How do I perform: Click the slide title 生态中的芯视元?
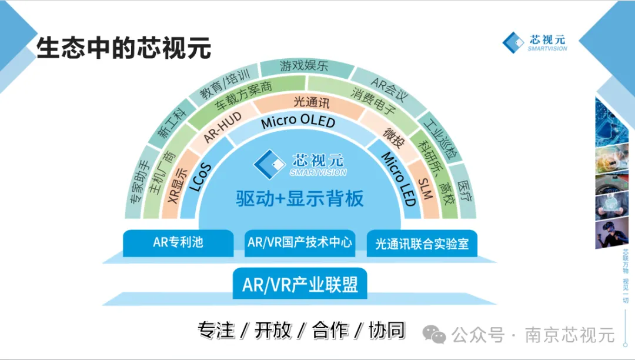[x=124, y=48]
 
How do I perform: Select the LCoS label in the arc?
[x=200, y=177]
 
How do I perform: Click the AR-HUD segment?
[x=222, y=127]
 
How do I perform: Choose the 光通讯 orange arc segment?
[x=311, y=102]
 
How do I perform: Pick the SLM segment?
[x=425, y=189]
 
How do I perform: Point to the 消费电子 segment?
[x=373, y=99]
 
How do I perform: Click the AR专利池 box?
[x=178, y=242]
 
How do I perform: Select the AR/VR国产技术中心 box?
[x=300, y=242]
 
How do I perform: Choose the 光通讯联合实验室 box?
[x=422, y=244]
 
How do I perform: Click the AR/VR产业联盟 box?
[x=300, y=284]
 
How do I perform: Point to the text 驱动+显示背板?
[x=300, y=198]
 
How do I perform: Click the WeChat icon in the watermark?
[x=434, y=334]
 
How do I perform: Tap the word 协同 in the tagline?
[x=387, y=330]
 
